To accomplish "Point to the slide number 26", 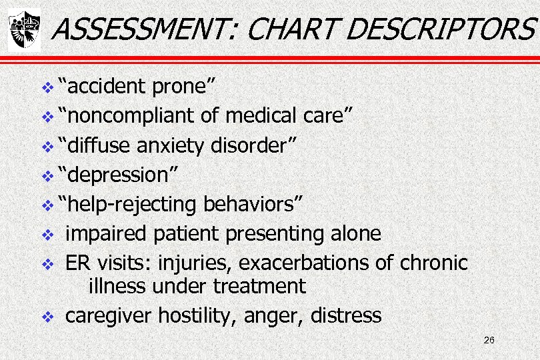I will [489, 341].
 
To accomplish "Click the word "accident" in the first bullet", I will [103, 85].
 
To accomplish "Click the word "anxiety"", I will [177, 145].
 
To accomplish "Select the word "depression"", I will [117, 175].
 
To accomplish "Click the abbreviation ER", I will [77, 263].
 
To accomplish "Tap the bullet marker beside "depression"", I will [46, 176].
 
